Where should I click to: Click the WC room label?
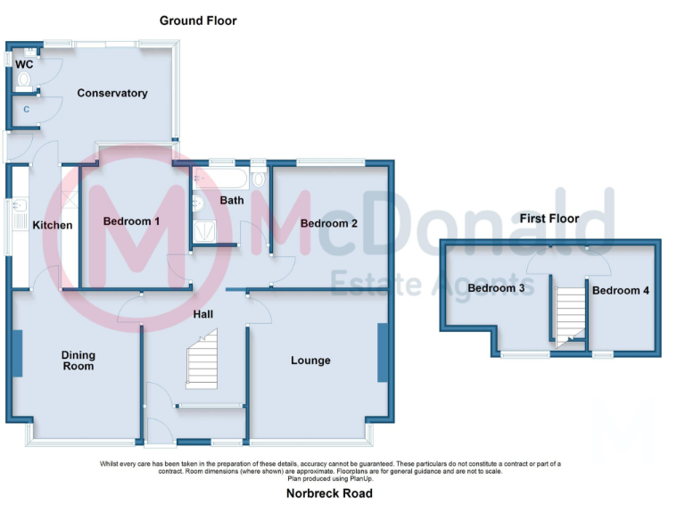click(25, 64)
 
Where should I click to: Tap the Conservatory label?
click(111, 93)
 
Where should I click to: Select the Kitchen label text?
click(53, 225)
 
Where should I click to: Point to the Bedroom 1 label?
click(131, 220)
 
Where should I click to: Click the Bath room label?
click(232, 200)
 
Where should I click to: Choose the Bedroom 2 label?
click(328, 223)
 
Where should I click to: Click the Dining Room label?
click(78, 360)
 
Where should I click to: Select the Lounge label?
click(310, 361)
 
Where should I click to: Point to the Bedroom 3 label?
click(497, 288)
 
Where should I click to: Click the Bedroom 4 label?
click(621, 290)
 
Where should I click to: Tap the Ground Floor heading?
click(198, 20)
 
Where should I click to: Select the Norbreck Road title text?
click(329, 493)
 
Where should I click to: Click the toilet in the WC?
click(23, 80)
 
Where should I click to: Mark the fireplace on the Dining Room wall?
click(15, 353)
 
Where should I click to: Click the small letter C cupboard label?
click(26, 110)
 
